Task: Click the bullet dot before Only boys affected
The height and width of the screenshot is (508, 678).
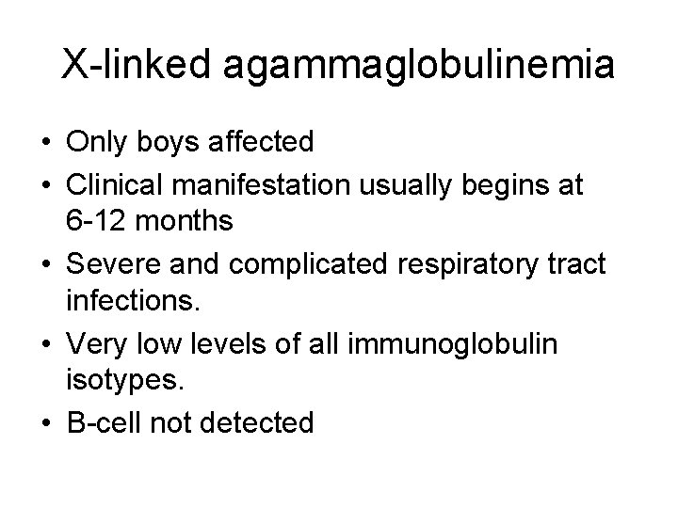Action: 45,144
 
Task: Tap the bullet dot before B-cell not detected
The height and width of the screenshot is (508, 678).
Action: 45,423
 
